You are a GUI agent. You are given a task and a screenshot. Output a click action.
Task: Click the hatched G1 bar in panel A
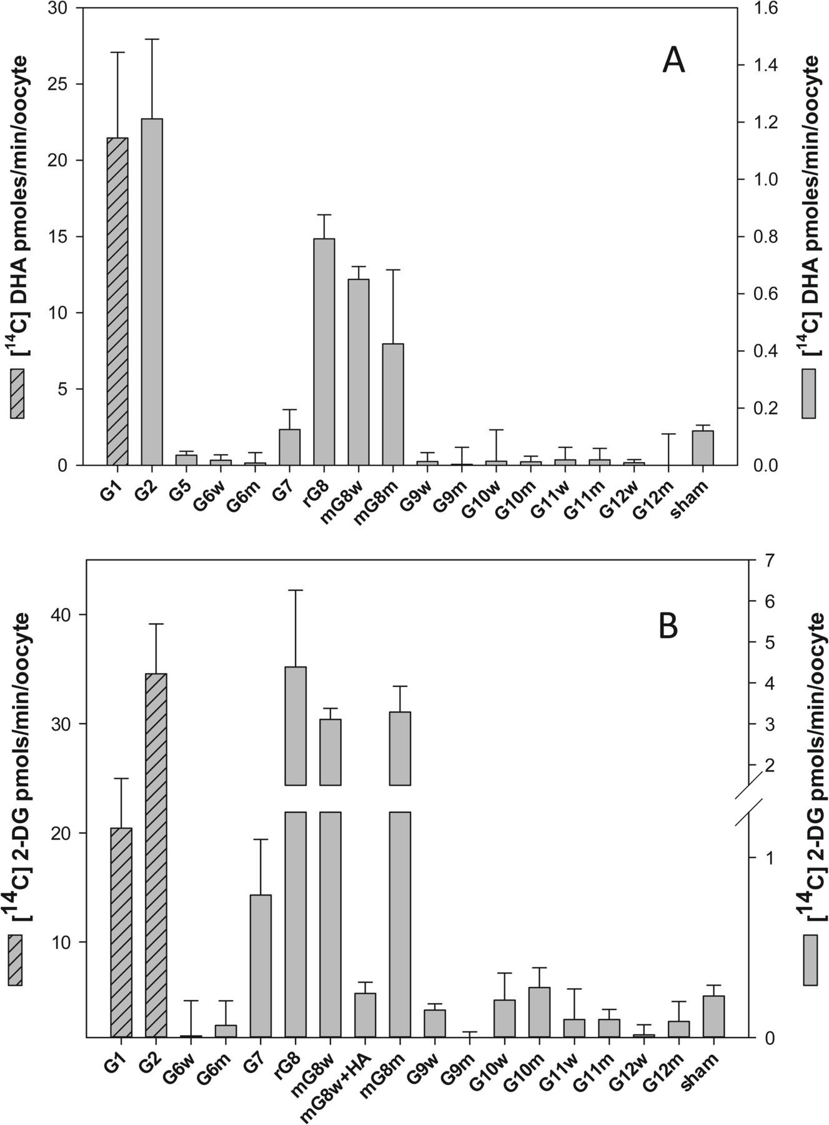point(117,301)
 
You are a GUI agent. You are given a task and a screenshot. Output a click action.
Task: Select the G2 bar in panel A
point(152,292)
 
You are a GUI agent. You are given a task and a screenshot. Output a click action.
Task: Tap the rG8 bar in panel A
point(324,352)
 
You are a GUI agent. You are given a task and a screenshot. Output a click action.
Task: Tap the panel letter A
point(673,62)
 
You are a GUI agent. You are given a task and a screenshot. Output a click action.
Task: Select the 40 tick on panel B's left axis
point(67,615)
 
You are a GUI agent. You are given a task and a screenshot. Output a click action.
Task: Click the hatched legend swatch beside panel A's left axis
point(17,393)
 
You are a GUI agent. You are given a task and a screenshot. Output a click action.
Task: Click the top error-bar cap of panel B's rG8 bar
point(295,590)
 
